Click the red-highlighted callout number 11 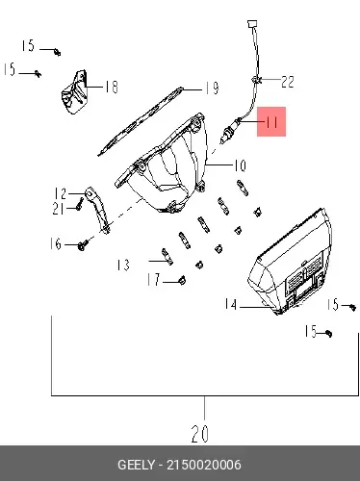(271, 122)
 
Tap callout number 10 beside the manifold (240, 165)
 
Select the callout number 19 (212, 88)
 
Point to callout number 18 (112, 87)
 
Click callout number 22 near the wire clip (288, 82)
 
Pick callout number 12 (60, 193)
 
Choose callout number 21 (58, 209)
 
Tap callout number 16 (56, 243)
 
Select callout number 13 (123, 265)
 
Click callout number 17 (153, 279)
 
